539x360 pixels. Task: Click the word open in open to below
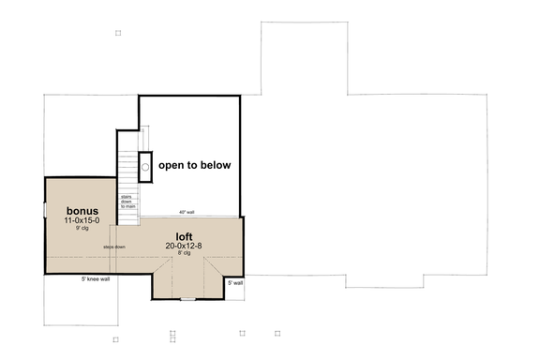point(172,165)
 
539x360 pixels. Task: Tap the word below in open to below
point(215,165)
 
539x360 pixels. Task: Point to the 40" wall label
point(187,212)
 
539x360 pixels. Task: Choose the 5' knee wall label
point(94,278)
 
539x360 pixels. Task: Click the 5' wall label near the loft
point(234,282)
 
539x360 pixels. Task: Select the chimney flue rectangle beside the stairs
point(145,164)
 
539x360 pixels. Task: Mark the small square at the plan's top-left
point(117,33)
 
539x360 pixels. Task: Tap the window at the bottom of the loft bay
point(188,299)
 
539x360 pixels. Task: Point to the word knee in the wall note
point(92,278)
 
